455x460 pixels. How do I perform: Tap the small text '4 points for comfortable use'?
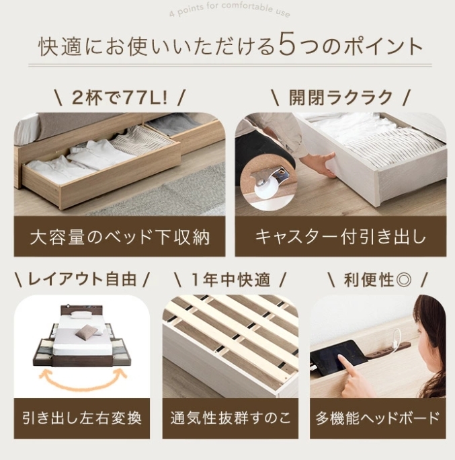point(228,12)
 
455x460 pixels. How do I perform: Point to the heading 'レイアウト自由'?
point(81,279)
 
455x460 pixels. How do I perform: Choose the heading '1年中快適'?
point(230,279)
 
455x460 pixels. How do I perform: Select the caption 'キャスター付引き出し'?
point(341,237)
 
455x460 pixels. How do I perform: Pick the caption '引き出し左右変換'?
point(81,418)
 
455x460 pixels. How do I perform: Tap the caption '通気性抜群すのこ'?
point(230,418)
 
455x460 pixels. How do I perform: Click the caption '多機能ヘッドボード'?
point(378,418)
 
